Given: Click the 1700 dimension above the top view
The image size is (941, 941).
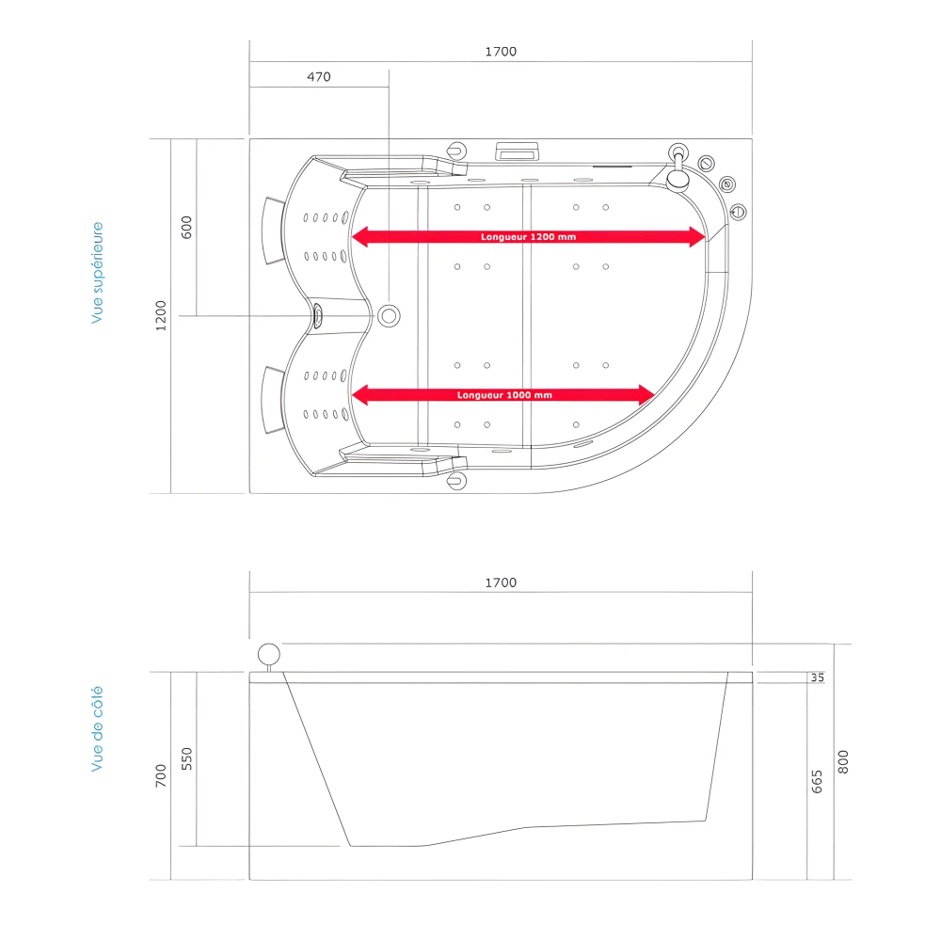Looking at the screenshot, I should click(x=501, y=52).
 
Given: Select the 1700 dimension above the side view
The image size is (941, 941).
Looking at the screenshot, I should click(x=501, y=582).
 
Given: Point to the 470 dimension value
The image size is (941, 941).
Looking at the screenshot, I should click(x=319, y=77).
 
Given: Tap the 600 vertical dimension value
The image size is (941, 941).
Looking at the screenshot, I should click(x=186, y=227).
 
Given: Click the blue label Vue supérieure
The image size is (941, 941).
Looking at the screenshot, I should click(x=97, y=273).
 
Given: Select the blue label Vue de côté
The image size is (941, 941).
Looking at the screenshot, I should click(x=97, y=729).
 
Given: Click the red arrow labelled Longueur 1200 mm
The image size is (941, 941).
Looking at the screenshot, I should click(x=528, y=237).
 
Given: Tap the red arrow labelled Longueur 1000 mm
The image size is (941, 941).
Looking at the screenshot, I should click(x=503, y=395).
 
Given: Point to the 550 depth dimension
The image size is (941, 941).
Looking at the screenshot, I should click(x=186, y=758).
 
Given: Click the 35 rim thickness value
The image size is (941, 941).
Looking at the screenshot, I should click(x=817, y=678).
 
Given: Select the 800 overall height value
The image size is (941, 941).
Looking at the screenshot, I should click(x=843, y=760).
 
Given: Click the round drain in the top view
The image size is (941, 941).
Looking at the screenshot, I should click(x=389, y=315).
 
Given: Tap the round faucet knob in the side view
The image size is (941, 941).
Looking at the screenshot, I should click(x=269, y=654).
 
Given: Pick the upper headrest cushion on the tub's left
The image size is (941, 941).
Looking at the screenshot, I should click(x=274, y=231).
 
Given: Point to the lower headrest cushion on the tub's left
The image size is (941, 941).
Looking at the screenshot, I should click(x=274, y=400).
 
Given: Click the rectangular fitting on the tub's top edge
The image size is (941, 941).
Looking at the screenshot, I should click(x=517, y=150).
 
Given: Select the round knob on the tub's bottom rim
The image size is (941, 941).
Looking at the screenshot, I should click(x=457, y=481).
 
